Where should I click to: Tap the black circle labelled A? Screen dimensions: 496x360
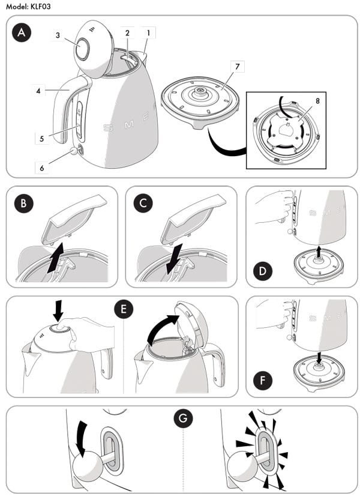pos(22,33)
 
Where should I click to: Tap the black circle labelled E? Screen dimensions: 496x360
pos(122,310)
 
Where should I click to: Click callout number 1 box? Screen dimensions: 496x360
pos(148,31)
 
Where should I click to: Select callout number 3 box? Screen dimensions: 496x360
pos(58,35)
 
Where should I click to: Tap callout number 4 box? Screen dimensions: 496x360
pos(38,91)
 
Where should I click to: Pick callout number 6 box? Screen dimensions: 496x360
pos(42,169)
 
